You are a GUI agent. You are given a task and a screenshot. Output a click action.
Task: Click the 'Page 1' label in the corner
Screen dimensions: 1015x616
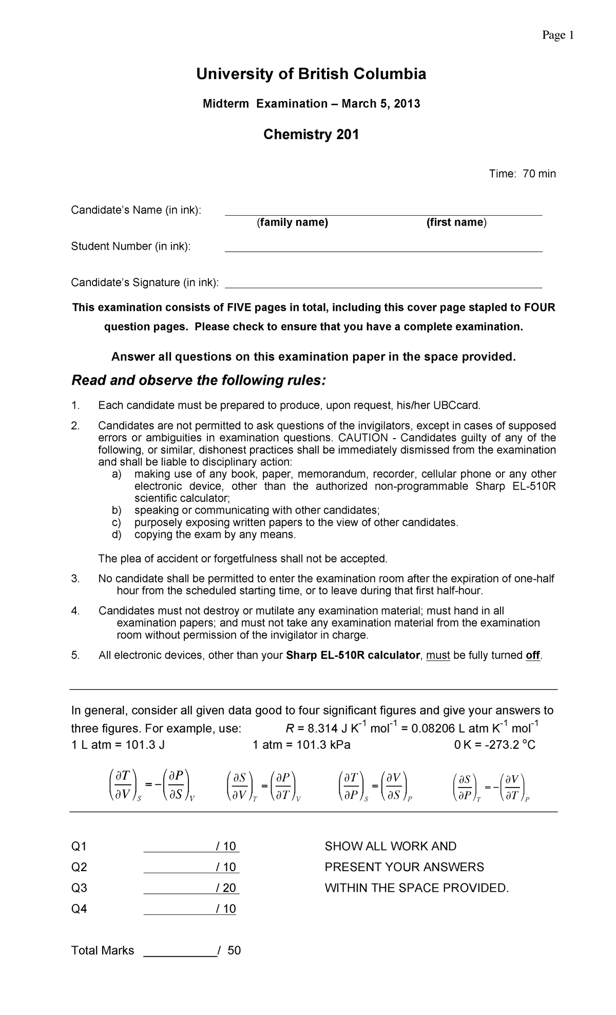click(x=557, y=35)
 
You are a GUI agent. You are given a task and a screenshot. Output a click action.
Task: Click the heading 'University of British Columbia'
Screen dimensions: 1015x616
click(x=311, y=74)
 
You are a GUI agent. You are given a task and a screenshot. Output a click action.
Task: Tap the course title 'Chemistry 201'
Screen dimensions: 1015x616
click(x=311, y=135)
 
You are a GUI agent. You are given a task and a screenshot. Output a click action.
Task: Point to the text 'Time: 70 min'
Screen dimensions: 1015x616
click(x=522, y=174)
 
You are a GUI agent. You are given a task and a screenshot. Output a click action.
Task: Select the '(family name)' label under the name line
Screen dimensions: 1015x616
click(x=292, y=222)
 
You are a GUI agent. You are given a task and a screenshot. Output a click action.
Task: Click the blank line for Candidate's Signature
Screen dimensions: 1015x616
click(x=383, y=286)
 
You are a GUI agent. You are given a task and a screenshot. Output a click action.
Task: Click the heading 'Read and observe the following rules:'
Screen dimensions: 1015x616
click(x=198, y=381)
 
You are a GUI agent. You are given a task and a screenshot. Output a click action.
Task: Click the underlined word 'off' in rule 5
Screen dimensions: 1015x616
click(x=533, y=655)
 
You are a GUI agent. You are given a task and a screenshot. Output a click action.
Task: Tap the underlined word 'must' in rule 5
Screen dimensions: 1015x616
click(x=438, y=655)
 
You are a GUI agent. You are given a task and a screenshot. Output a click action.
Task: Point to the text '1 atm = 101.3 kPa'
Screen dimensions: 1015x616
click(x=301, y=745)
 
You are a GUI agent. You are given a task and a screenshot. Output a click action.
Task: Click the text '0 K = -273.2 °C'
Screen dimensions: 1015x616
click(x=495, y=745)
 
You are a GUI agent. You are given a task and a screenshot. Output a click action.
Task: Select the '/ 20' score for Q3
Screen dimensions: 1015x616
click(x=226, y=888)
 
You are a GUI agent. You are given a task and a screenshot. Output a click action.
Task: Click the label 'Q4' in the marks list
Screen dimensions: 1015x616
click(x=79, y=909)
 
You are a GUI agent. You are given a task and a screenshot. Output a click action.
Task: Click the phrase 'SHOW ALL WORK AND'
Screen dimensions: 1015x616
click(x=390, y=846)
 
